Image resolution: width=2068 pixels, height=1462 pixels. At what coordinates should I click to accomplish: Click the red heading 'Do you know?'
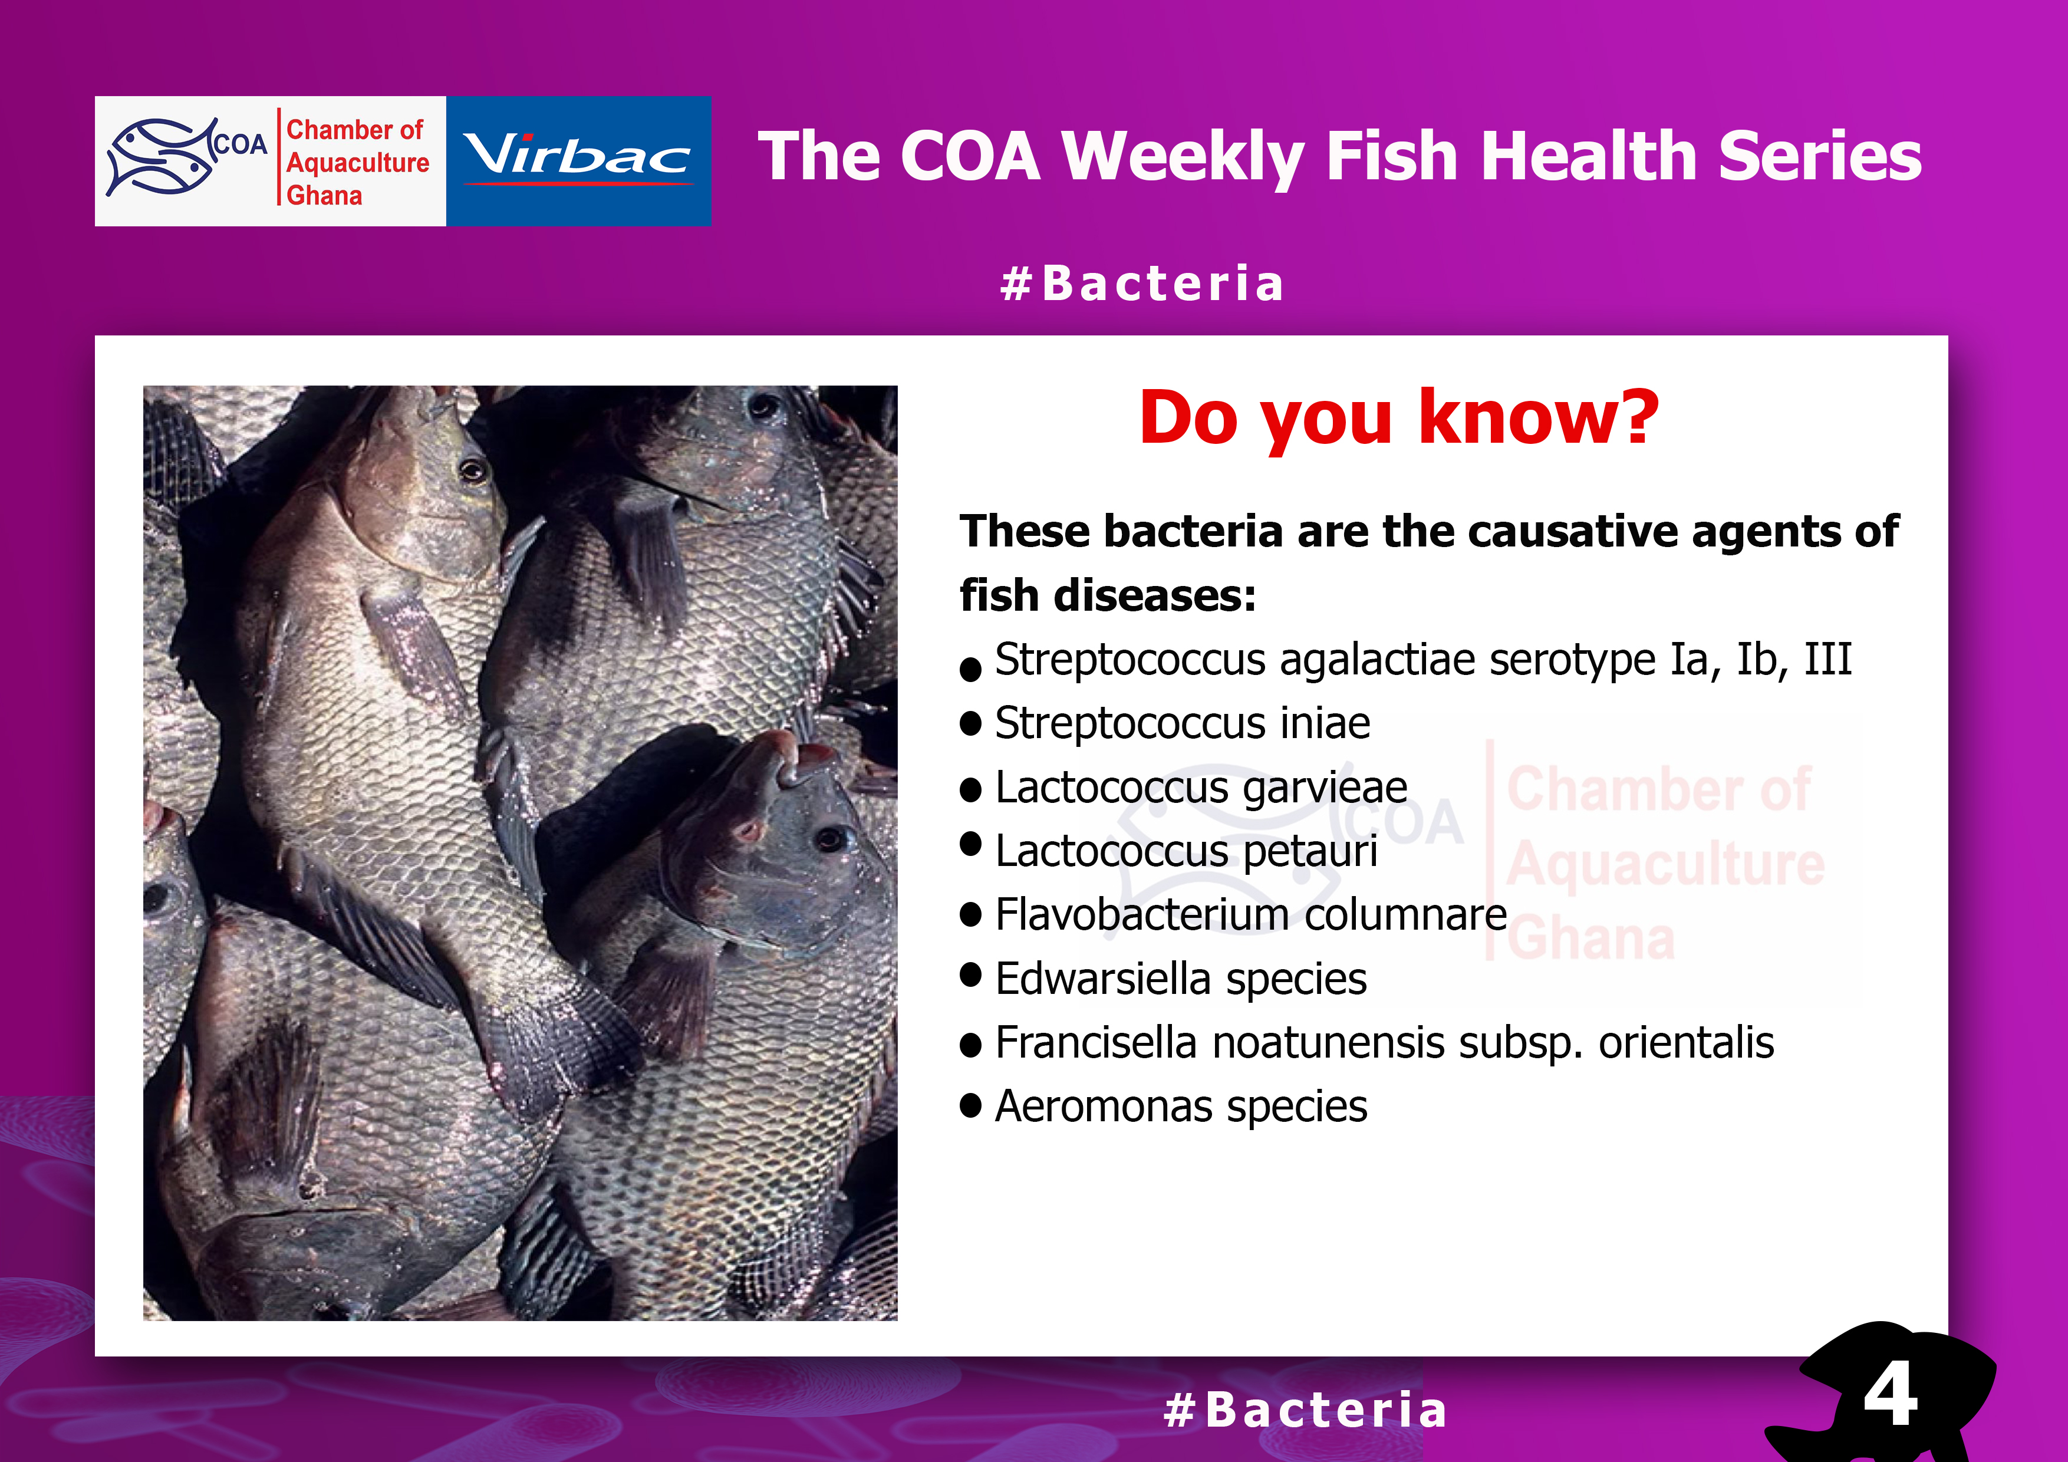pos(1399,419)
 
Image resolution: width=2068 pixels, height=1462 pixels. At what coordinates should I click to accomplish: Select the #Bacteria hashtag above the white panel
pos(1141,284)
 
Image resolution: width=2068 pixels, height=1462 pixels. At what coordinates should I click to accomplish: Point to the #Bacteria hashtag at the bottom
pos(1305,1410)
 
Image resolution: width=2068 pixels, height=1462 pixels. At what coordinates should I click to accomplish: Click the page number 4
pos(1891,1394)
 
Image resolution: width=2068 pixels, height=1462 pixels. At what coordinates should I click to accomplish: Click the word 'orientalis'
pos(1685,1043)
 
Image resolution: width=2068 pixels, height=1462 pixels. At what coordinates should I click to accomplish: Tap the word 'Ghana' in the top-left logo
pos(324,196)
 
